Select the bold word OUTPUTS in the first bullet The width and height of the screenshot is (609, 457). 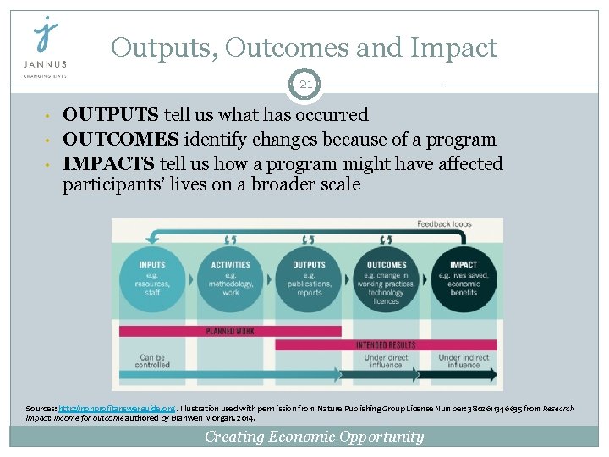tap(111, 115)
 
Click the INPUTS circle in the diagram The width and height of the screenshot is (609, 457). tap(152, 277)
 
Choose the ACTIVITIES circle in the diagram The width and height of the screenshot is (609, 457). tap(230, 277)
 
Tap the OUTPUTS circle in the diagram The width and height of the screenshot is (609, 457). tap(309, 277)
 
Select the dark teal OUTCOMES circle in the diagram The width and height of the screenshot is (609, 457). tap(386, 277)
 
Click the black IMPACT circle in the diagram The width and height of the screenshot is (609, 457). tap(464, 277)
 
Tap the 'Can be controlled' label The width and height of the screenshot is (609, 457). tap(153, 361)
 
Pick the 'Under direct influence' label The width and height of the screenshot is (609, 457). tap(387, 361)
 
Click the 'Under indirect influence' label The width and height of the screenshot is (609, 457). tap(464, 361)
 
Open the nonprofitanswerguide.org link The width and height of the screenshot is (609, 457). tap(105, 409)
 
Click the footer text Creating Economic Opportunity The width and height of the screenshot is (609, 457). tap(314, 437)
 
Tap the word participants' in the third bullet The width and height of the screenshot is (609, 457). tap(111, 185)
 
